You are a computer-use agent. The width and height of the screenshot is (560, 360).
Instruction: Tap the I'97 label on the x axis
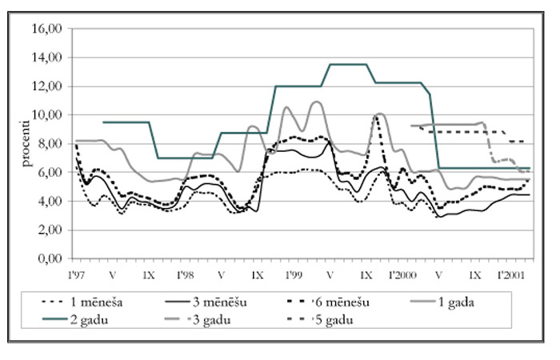77,273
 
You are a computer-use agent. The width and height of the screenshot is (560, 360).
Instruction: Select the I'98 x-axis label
185,273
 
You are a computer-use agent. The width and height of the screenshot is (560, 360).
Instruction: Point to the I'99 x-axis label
293,273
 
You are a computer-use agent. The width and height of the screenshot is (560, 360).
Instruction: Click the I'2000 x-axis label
402,273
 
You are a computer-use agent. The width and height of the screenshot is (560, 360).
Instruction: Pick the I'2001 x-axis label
510,273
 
